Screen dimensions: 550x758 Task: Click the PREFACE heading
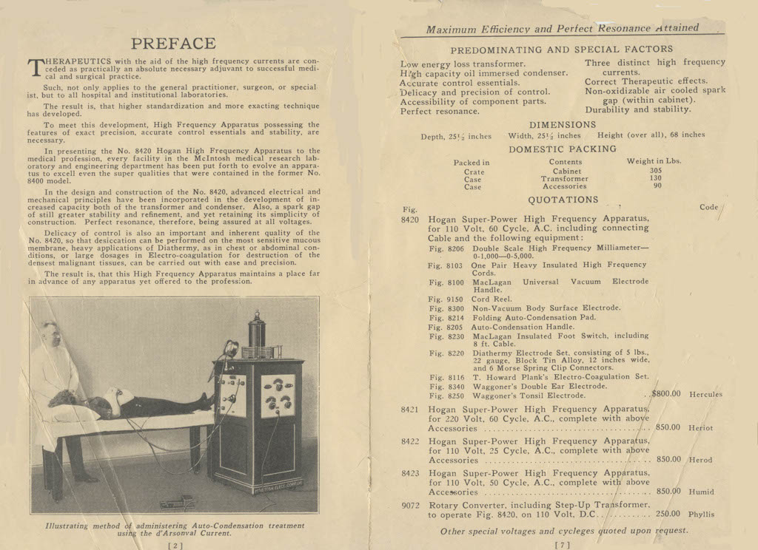tap(173, 44)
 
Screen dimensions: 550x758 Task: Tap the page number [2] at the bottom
tap(175, 546)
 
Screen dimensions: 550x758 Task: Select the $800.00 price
tap(666, 394)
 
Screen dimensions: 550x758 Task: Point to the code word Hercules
tap(705, 395)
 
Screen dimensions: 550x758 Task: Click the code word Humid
tap(701, 492)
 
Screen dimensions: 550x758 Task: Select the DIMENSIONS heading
tap(563, 125)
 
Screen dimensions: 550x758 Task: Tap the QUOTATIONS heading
tap(563, 200)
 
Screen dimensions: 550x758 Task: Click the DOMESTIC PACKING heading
tap(563, 149)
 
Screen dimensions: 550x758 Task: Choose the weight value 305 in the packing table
tap(656, 171)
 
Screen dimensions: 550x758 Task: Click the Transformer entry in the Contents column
tap(565, 179)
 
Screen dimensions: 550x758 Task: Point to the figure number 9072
tap(411, 505)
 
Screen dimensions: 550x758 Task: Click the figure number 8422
tap(411, 441)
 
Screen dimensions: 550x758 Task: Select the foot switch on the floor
tap(178, 503)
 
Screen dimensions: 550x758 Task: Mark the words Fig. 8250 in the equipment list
tap(446, 395)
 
